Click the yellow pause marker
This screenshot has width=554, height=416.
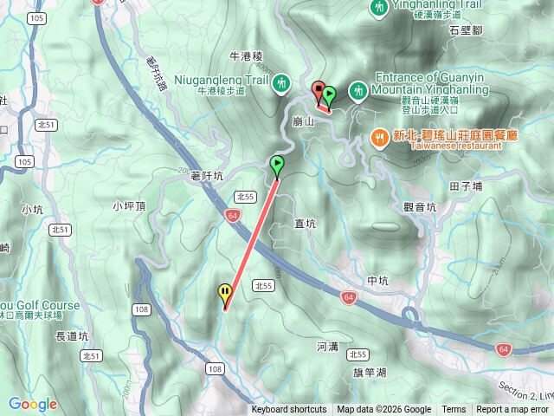tap(225, 293)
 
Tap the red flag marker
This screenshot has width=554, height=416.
tap(319, 89)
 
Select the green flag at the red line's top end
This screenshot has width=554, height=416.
tap(277, 163)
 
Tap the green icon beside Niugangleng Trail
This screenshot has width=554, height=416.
tap(281, 84)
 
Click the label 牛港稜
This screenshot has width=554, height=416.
tap(247, 56)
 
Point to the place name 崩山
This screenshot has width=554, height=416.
tap(303, 123)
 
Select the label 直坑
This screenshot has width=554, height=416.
tap(306, 224)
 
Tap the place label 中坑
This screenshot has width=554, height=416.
tap(378, 281)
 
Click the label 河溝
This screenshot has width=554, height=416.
tap(327, 347)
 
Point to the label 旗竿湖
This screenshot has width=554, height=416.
tap(370, 373)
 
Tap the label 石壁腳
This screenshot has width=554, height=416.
tap(465, 29)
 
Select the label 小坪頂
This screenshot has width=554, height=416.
tap(128, 205)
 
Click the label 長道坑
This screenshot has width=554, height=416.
tap(72, 335)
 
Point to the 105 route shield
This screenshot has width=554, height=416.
tap(24, 162)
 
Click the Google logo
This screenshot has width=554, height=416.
tap(33, 404)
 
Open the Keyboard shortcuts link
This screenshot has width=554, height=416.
tap(289, 410)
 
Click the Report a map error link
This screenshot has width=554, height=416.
tap(512, 410)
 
